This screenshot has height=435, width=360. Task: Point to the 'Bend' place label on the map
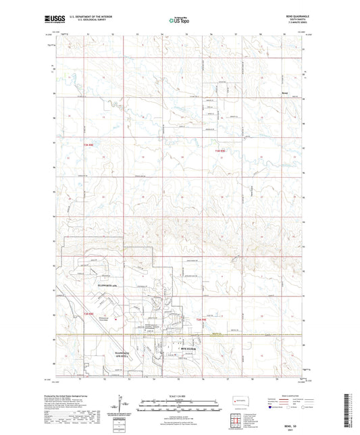click(285, 94)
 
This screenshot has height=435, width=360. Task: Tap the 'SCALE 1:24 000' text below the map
click(180, 395)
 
